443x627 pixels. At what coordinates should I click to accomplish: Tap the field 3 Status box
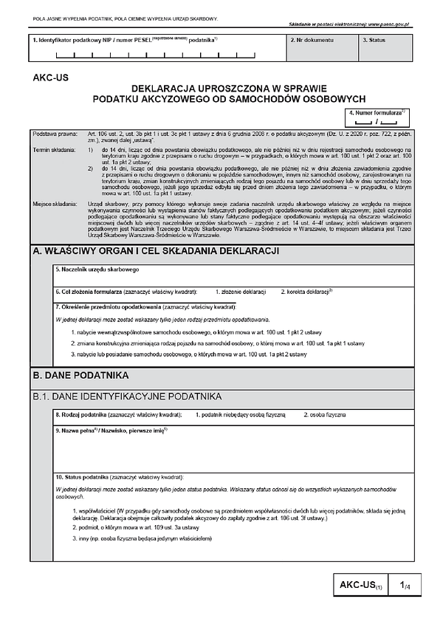(x=385, y=47)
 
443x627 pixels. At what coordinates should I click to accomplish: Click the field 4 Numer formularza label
(x=378, y=112)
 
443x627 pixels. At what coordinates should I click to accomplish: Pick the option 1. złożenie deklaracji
(x=240, y=292)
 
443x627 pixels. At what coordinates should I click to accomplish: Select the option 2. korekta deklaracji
(x=307, y=292)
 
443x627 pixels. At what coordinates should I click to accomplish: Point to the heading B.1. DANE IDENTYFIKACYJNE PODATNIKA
(x=127, y=397)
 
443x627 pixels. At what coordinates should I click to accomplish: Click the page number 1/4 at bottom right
(x=406, y=586)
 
